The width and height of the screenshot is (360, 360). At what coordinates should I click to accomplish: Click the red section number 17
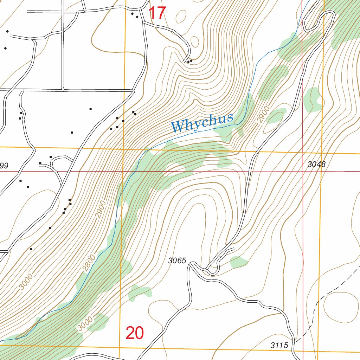(x=157, y=13)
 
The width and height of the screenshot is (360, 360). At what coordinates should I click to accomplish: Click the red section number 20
(x=135, y=333)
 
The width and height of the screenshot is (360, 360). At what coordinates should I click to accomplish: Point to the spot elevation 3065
(x=177, y=261)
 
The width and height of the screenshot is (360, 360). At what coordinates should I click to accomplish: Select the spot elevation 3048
(x=316, y=164)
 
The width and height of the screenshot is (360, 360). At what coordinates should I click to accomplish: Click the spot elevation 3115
(x=279, y=345)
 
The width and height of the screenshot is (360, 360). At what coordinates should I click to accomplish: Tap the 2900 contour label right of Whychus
(x=263, y=114)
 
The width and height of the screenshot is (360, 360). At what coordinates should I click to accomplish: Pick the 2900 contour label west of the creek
(x=100, y=209)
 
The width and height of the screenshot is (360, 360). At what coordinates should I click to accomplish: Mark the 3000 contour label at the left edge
(x=26, y=282)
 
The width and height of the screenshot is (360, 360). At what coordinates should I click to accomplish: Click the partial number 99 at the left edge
(x=4, y=165)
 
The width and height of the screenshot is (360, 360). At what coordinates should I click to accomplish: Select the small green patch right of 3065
(x=239, y=261)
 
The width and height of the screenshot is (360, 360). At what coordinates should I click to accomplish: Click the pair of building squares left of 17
(x=134, y=15)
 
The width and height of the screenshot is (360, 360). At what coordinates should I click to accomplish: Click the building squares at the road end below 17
(x=189, y=62)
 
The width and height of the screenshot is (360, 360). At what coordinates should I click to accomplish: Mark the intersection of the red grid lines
(x=303, y=172)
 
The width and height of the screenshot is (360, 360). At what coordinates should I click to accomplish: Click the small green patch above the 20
(x=140, y=292)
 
